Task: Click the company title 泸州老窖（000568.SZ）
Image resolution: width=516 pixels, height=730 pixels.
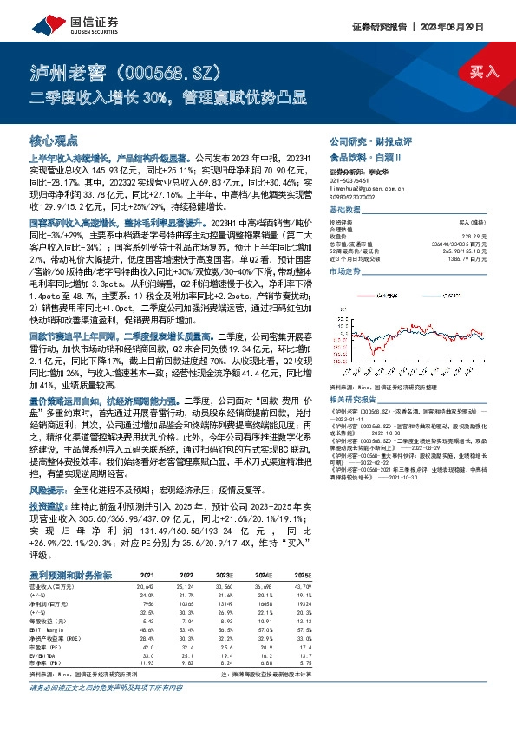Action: point(130,70)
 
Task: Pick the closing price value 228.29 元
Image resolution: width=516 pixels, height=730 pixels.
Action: point(469,237)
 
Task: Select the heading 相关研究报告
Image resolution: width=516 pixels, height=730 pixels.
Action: point(351,399)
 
